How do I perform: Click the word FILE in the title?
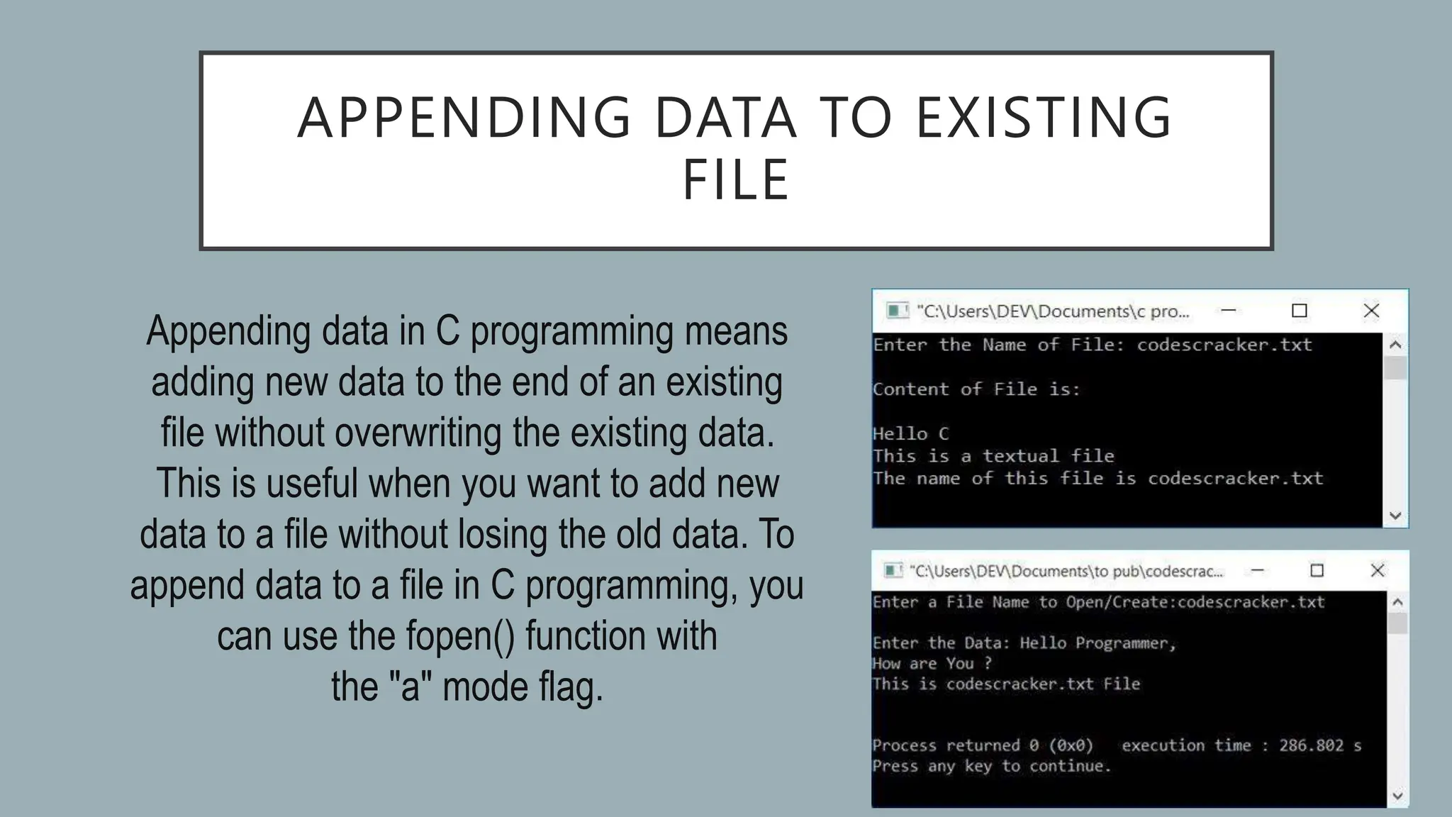pos(736,180)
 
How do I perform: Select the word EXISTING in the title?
pos(1044,118)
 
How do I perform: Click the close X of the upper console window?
pos(1371,311)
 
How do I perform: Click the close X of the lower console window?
pos(1377,570)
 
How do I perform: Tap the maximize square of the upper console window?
pos(1299,311)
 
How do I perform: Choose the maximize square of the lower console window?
pos(1317,570)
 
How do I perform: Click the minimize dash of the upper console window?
pos(1229,311)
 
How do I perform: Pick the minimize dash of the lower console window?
pos(1257,570)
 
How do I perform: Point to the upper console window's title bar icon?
pos(897,311)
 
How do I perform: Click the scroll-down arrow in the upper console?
pos(1395,516)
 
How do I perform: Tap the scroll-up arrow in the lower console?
pos(1397,602)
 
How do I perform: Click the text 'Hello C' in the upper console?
pos(910,434)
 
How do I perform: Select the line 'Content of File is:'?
pos(976,389)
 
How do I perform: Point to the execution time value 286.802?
pos(1311,745)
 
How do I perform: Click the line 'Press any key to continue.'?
pos(991,766)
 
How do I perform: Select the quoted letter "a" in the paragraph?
pos(411,687)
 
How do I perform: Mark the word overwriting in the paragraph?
pos(418,433)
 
